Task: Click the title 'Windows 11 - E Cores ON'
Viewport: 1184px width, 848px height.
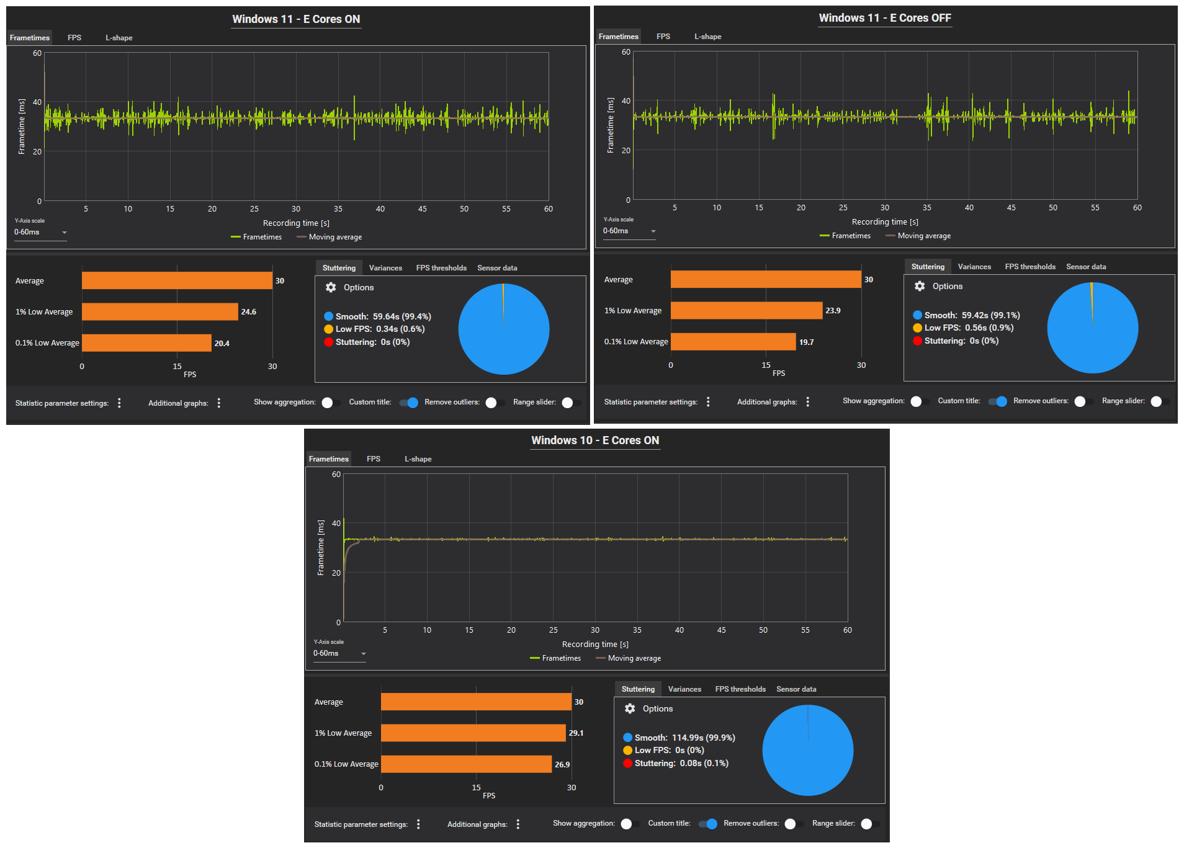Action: tap(296, 19)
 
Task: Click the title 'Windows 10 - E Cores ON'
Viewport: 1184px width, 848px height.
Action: tap(595, 440)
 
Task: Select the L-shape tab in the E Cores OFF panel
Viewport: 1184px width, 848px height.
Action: tap(707, 37)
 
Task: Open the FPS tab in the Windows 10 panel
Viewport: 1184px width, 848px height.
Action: tap(374, 459)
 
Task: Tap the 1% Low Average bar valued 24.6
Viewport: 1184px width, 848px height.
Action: tap(159, 311)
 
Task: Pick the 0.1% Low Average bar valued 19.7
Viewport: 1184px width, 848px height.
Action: tap(733, 342)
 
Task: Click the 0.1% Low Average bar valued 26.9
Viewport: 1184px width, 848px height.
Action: tap(466, 764)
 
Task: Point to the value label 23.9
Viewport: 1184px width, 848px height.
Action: tap(833, 311)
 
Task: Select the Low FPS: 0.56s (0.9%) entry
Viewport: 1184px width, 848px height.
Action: tap(968, 328)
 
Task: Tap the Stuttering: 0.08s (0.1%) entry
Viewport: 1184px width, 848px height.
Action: tap(681, 763)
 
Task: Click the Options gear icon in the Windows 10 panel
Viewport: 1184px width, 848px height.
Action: tap(630, 708)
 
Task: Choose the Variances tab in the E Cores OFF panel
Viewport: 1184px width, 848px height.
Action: tap(974, 267)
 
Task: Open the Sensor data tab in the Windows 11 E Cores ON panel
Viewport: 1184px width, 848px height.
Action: tap(497, 268)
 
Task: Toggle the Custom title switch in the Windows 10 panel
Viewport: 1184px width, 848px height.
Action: tap(709, 824)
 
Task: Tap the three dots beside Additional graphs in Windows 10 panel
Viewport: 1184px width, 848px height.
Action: tap(518, 824)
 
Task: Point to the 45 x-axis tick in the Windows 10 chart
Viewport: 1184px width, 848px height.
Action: tap(721, 630)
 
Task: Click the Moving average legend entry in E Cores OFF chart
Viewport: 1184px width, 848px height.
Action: tap(923, 236)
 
